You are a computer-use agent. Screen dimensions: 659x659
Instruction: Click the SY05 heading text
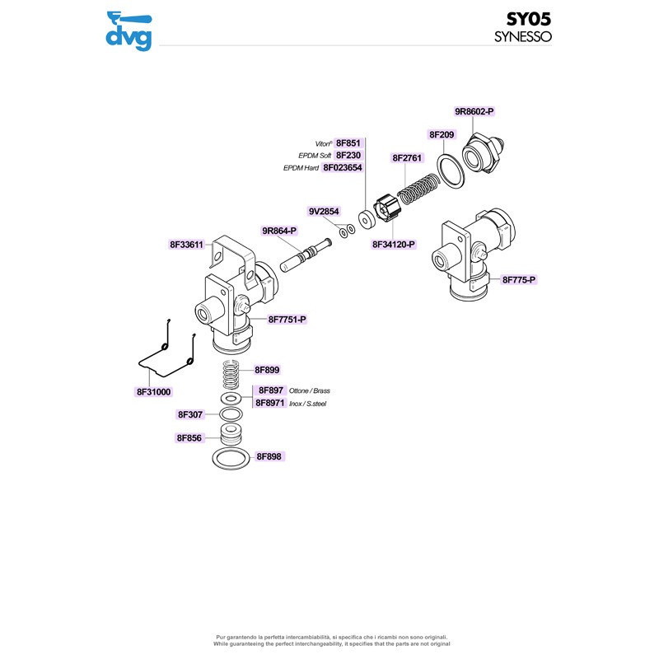(x=528, y=20)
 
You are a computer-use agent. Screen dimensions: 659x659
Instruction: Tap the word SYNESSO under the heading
(x=522, y=37)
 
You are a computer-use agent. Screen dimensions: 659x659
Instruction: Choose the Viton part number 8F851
(x=349, y=143)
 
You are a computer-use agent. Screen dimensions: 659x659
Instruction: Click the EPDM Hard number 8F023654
(x=343, y=167)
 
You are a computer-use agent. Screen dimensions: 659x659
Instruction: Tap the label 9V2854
(x=324, y=212)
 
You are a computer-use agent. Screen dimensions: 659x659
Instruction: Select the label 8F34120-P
(x=394, y=245)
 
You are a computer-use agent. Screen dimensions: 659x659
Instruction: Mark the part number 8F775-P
(x=519, y=280)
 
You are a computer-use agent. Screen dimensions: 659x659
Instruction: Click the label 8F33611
(x=186, y=245)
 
